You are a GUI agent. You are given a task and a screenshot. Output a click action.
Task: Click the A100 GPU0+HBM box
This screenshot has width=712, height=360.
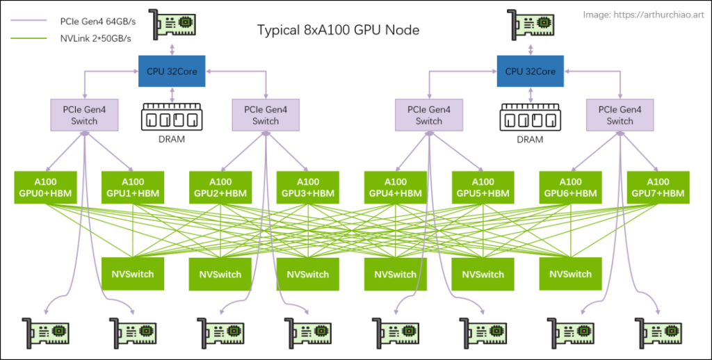click(x=45, y=188)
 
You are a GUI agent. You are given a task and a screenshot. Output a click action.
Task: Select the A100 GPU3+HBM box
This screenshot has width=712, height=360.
click(x=308, y=188)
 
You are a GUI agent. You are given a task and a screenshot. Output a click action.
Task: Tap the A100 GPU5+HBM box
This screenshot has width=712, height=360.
click(x=483, y=188)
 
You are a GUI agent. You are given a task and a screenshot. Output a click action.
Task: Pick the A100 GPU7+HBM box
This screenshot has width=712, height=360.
click(x=658, y=188)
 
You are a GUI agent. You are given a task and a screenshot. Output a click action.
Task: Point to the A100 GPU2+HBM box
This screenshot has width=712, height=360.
click(x=220, y=188)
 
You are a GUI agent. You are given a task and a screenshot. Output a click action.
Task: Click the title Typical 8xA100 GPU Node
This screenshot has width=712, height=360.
click(x=339, y=31)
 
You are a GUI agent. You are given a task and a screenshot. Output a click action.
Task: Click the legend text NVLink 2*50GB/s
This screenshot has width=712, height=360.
click(x=95, y=39)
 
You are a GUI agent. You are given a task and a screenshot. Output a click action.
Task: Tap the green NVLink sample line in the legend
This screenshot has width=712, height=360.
click(x=29, y=39)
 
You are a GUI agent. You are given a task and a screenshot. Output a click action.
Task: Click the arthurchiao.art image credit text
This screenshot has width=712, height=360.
click(x=643, y=15)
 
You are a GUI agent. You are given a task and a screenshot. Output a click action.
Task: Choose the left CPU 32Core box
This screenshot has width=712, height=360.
click(x=172, y=72)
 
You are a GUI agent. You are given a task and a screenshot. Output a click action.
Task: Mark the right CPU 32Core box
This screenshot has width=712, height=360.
click(x=531, y=72)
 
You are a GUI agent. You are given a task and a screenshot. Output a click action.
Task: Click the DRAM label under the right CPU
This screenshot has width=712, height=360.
click(x=530, y=140)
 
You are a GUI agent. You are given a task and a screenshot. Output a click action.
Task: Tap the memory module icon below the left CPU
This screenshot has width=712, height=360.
click(x=172, y=117)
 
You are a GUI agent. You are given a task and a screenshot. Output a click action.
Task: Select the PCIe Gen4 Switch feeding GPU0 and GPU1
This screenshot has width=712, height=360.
click(x=84, y=115)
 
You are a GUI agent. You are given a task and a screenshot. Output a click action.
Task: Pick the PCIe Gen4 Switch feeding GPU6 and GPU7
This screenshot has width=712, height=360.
click(x=620, y=115)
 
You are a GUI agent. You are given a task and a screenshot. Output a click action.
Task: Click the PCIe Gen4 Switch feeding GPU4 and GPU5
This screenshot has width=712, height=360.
click(x=428, y=115)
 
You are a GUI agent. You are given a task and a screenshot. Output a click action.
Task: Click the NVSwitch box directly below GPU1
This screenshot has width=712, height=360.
click(x=133, y=274)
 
